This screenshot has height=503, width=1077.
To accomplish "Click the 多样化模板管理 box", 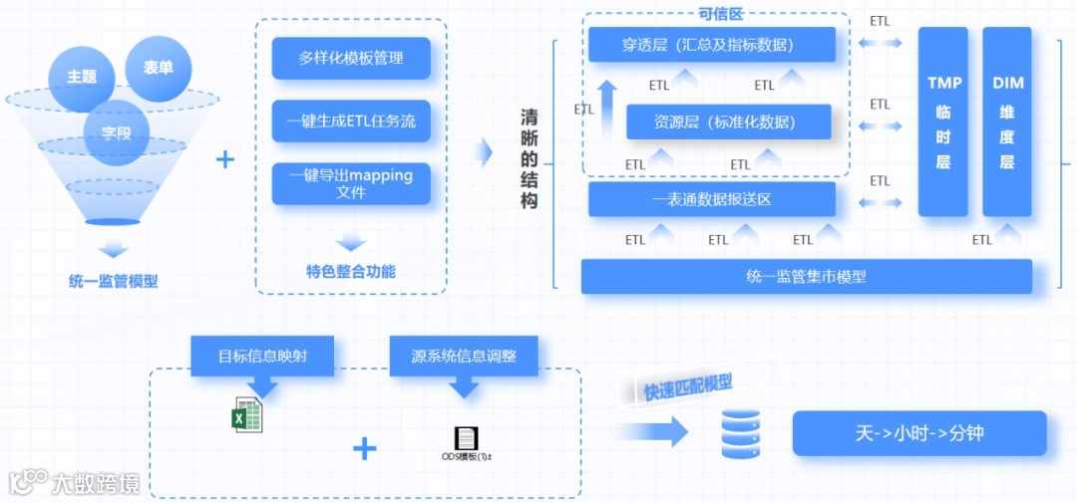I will pyautogui.click(x=351, y=58).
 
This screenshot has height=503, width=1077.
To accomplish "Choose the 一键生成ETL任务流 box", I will pyautogui.click(x=351, y=122).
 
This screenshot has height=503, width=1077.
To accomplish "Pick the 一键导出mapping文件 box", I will pyautogui.click(x=351, y=183).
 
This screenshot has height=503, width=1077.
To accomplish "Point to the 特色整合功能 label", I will pyautogui.click(x=351, y=271).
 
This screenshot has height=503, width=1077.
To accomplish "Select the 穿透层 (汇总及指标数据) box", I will pyautogui.click(x=711, y=45).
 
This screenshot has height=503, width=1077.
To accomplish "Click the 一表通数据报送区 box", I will pyautogui.click(x=711, y=199).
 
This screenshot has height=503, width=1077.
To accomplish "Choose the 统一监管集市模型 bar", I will pyautogui.click(x=806, y=276).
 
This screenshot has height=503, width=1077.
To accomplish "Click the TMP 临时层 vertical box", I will pyautogui.click(x=942, y=122).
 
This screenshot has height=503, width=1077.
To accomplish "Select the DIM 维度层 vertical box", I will pyautogui.click(x=1006, y=122).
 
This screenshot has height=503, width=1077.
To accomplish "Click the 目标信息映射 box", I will pyautogui.click(x=261, y=356).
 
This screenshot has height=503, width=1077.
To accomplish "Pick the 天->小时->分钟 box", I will pyautogui.click(x=919, y=433).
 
